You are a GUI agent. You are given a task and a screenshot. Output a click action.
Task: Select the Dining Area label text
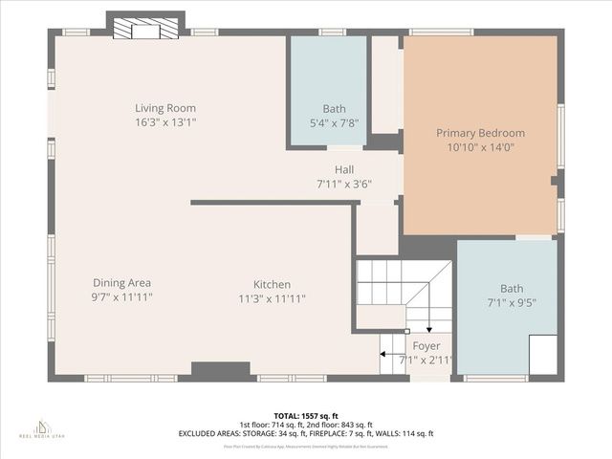coord(121,283)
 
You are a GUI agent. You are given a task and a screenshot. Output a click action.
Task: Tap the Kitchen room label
coord(272,284)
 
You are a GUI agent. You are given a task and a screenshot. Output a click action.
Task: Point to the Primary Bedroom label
coord(480,133)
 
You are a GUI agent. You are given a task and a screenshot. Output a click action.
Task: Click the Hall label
coord(343,169)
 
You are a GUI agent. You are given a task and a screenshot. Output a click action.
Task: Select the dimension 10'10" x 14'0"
coord(480,147)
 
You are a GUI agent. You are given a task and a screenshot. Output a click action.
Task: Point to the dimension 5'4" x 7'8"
coord(334,123)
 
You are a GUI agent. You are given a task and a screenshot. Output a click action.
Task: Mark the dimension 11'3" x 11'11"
coord(272,298)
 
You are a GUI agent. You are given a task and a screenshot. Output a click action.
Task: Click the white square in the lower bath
coord(542,355)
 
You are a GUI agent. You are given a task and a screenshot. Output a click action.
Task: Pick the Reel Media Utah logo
coord(41,427)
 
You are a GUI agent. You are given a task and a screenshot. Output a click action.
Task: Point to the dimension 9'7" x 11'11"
coord(121,297)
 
